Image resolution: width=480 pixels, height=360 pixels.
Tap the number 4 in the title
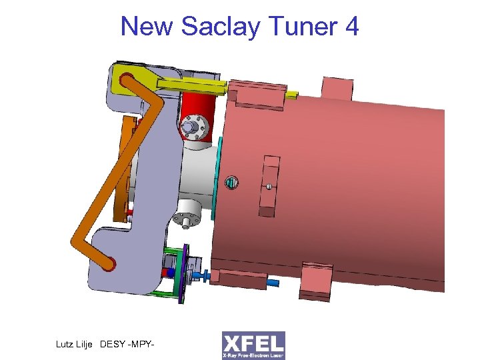pyautogui.click(x=351, y=27)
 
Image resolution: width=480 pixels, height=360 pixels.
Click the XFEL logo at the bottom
pyautogui.click(x=253, y=345)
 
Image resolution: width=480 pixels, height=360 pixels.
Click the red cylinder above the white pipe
pyautogui.click(x=200, y=110)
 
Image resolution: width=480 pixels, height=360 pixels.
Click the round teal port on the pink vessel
pyautogui.click(x=231, y=182)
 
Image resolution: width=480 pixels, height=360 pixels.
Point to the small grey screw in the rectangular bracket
pyautogui.click(x=269, y=187)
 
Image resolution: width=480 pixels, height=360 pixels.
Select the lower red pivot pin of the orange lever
pyautogui.click(x=108, y=264)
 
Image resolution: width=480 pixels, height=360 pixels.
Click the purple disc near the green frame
pyautogui.click(x=182, y=270)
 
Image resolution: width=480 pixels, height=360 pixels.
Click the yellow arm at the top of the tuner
pyautogui.click(x=180, y=83)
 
